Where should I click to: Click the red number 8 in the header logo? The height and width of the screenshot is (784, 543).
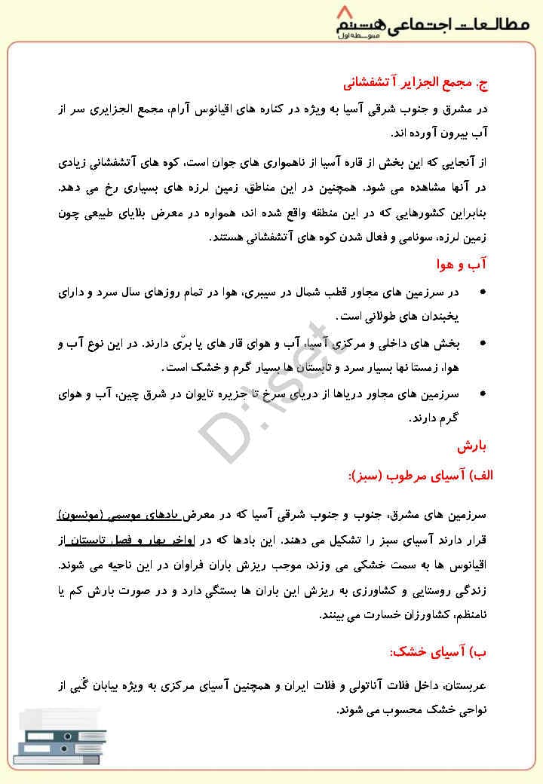(x=347, y=13)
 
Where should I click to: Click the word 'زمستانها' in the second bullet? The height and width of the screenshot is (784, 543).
(x=408, y=368)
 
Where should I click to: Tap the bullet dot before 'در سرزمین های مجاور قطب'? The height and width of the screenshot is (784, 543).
(x=483, y=292)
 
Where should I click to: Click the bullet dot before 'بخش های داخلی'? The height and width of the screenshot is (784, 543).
(x=483, y=344)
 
